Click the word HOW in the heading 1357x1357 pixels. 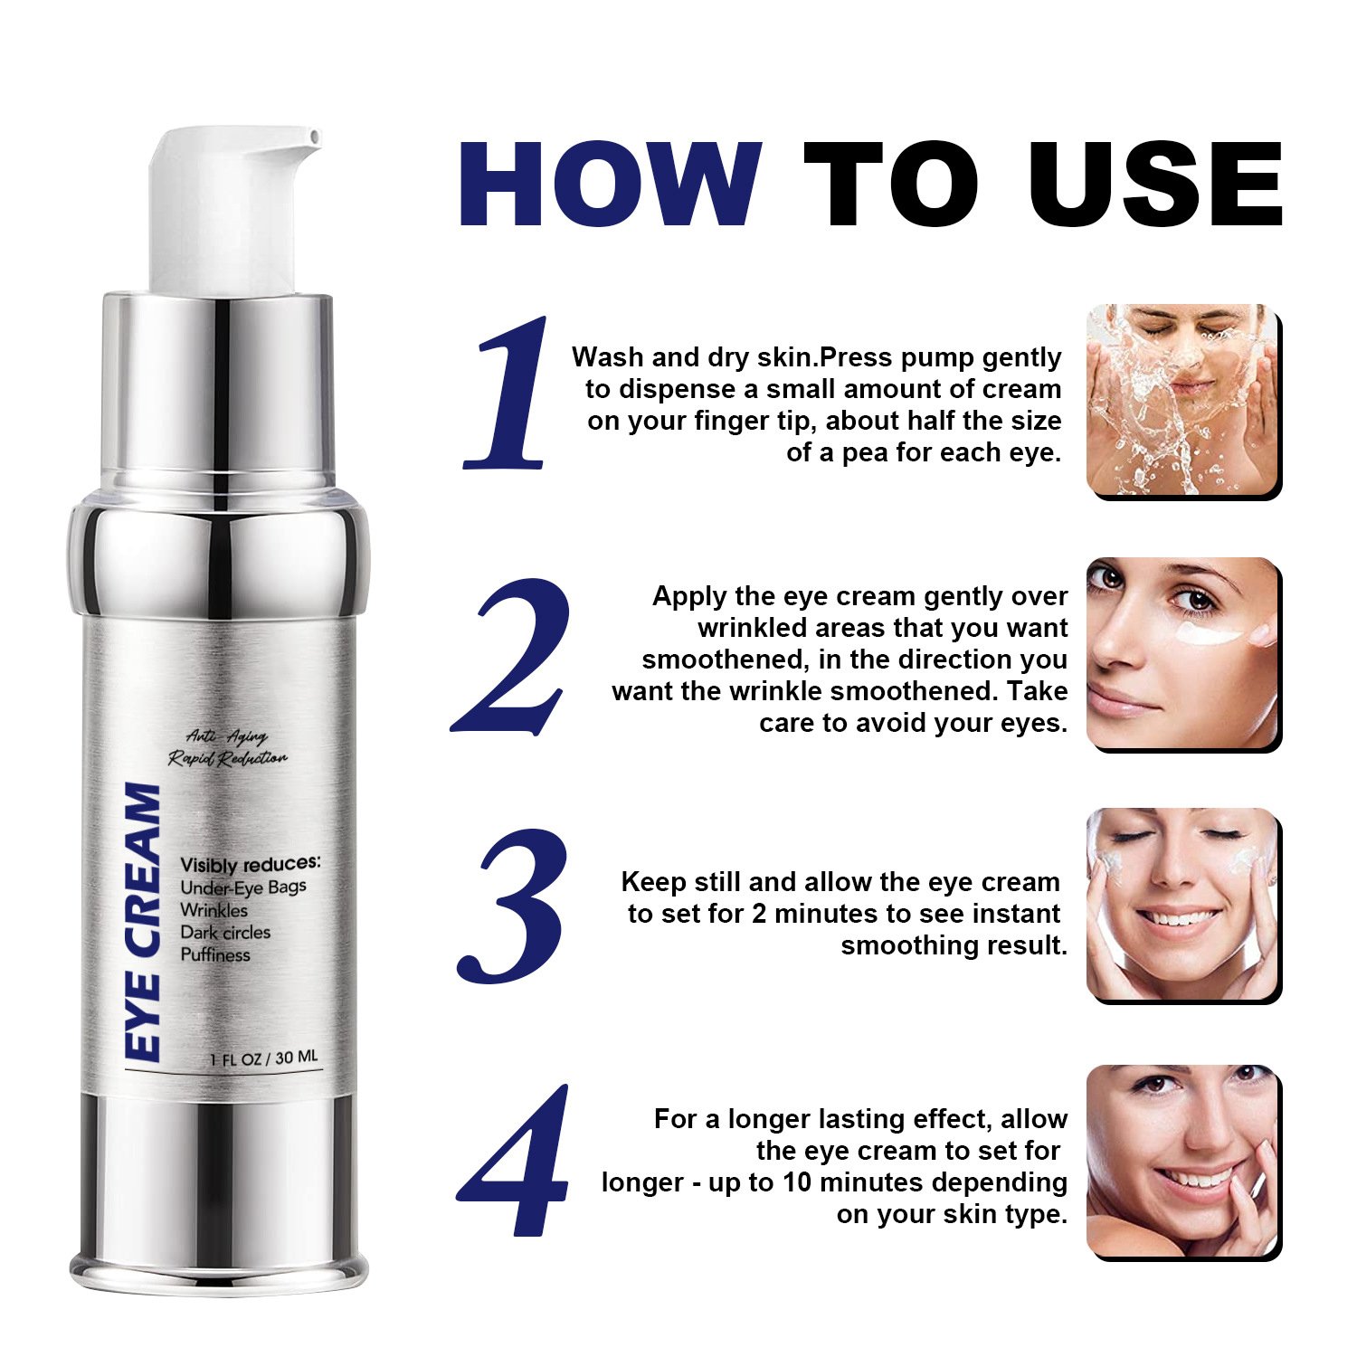(x=611, y=184)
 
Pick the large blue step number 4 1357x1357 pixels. (x=514, y=1160)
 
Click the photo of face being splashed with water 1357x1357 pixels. (x=1183, y=401)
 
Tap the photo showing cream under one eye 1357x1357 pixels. (x=1183, y=653)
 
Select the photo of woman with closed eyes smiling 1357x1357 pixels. (x=1183, y=905)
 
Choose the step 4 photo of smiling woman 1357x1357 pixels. (x=1183, y=1161)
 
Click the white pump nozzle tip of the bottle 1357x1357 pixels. (x=313, y=138)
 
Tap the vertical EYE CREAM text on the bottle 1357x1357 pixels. (x=143, y=922)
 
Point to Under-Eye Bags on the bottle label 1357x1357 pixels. (x=243, y=887)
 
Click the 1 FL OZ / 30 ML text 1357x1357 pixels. (x=264, y=1058)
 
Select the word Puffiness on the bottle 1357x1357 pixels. (x=215, y=954)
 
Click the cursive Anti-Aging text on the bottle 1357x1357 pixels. (x=227, y=737)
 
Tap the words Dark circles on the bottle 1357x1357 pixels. (x=225, y=932)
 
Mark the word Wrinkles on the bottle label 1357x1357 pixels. (x=214, y=910)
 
